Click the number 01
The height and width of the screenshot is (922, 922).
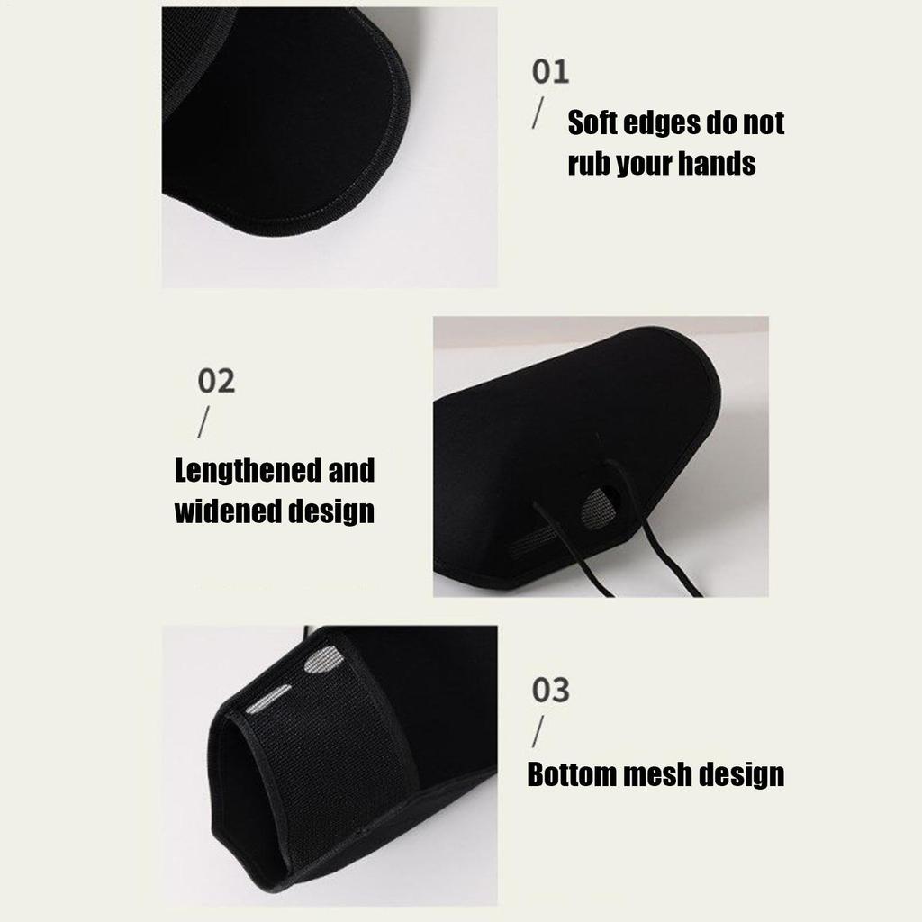(x=550, y=72)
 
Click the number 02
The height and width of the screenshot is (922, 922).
(x=216, y=381)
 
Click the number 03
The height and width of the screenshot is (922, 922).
(x=551, y=690)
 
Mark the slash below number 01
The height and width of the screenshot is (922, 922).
(x=538, y=113)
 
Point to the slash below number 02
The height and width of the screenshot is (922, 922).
(x=203, y=422)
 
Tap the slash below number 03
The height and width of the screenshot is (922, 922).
(x=538, y=731)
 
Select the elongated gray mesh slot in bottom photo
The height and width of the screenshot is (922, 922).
(x=267, y=699)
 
